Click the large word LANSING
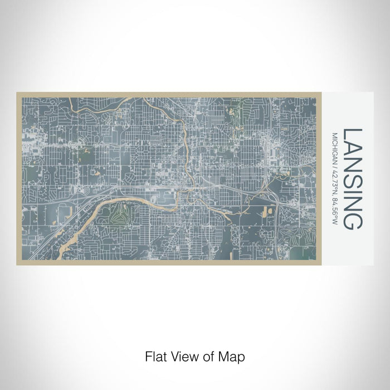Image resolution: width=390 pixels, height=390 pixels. tap(353, 178)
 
